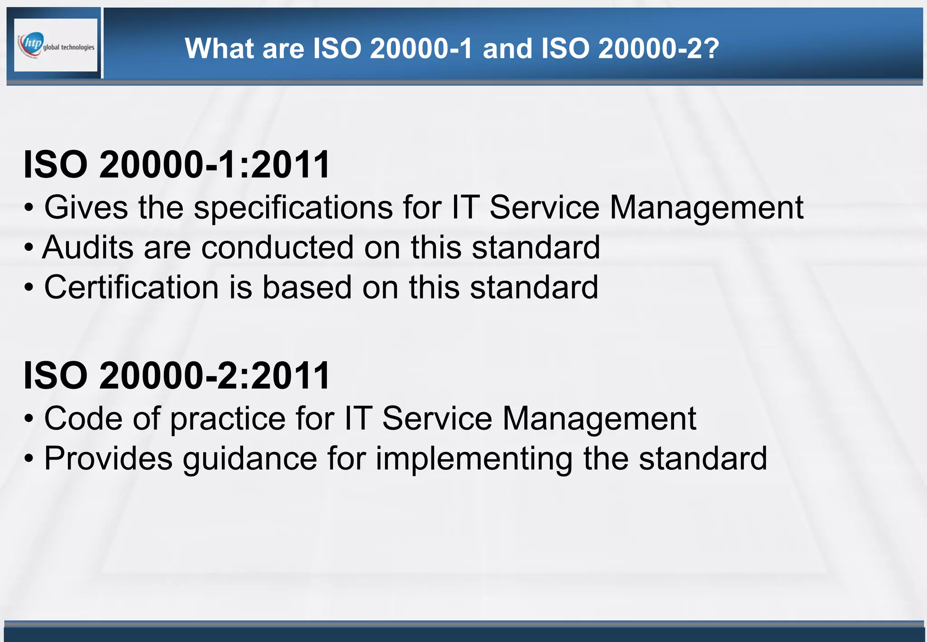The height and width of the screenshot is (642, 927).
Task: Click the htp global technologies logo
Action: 56,45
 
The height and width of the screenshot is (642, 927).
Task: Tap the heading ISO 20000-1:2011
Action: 177,164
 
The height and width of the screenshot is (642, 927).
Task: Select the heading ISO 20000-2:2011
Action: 177,375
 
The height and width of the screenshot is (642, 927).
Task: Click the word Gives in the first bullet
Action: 86,207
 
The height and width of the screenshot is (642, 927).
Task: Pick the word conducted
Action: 277,248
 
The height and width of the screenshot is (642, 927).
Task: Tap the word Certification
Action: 131,287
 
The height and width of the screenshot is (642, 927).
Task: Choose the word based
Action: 307,287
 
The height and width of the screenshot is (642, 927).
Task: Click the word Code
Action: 83,418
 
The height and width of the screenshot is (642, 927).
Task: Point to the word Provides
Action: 108,458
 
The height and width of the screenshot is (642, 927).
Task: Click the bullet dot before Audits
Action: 29,248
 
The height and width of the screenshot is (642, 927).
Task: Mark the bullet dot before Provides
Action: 29,459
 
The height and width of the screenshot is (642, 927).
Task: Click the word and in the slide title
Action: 507,48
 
